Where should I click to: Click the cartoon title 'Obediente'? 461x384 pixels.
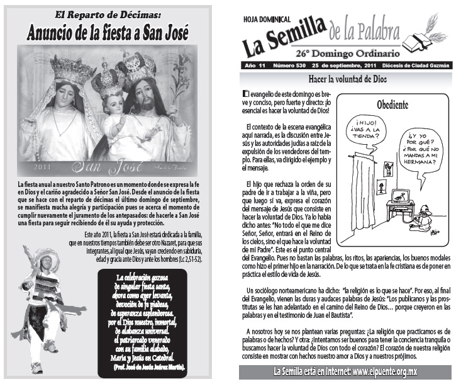pyautogui.click(x=397, y=104)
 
